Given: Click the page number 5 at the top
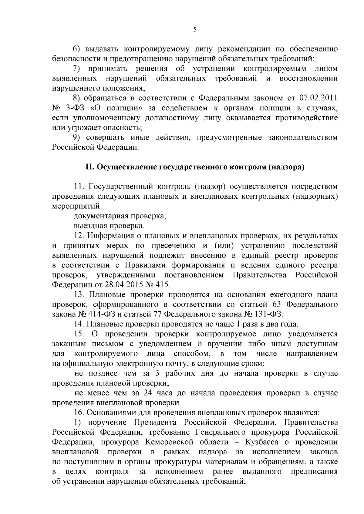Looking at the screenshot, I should pos(195,29).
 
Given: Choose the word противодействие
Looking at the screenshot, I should pos(306,118).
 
